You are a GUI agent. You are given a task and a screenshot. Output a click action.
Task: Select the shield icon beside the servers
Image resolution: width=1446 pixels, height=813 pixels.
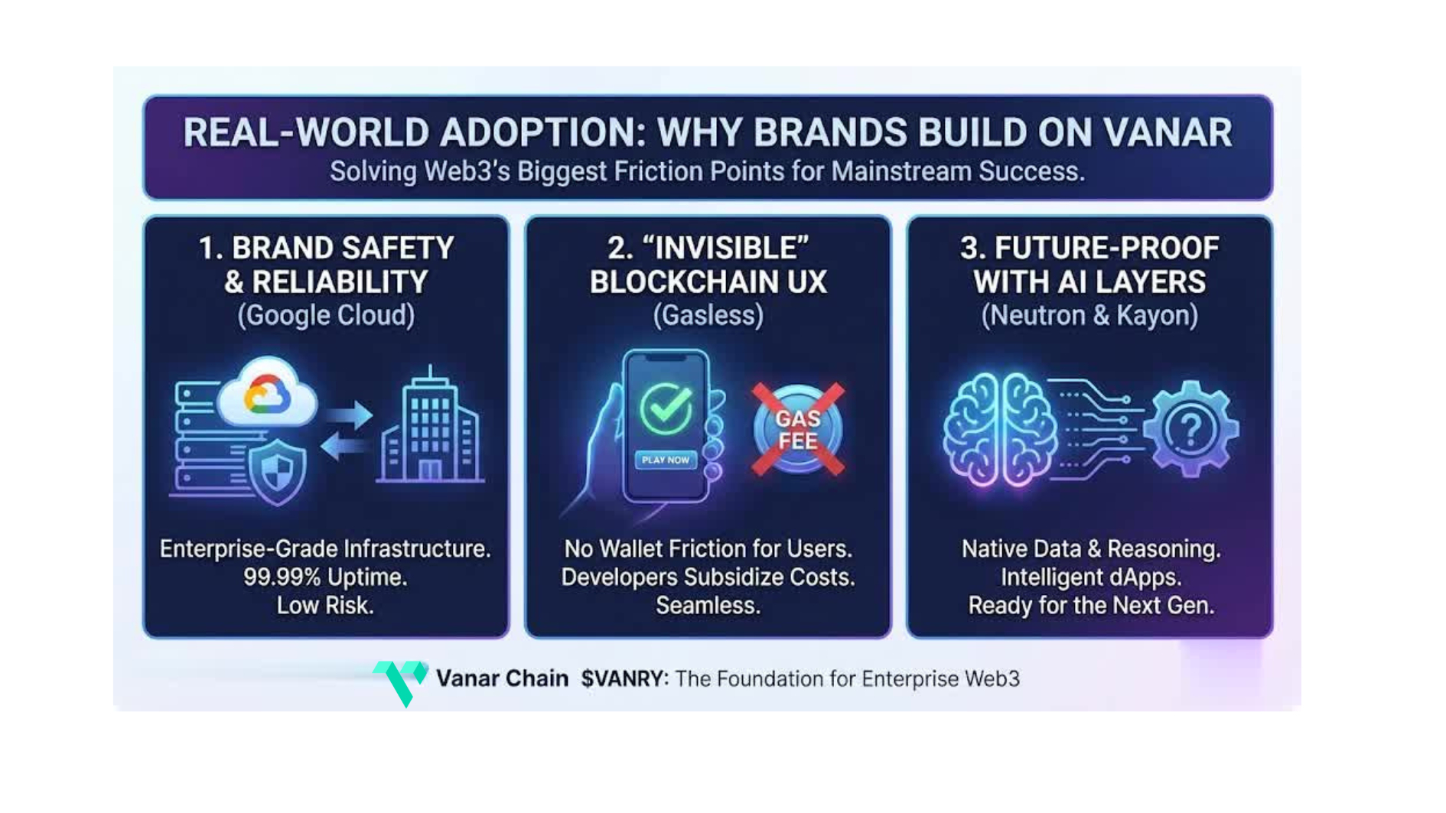coord(277,471)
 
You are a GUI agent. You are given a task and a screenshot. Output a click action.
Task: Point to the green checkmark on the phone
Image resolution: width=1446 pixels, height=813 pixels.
coord(666,408)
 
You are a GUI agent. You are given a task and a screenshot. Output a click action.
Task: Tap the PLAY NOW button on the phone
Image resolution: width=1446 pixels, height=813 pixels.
coord(666,460)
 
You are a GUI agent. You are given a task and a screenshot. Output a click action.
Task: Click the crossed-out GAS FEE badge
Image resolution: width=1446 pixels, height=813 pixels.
coord(798,429)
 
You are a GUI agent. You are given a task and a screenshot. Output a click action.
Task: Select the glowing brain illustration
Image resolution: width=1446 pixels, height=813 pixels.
coord(1000,430)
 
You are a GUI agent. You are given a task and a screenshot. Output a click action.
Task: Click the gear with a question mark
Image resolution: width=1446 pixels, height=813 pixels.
coord(1190,428)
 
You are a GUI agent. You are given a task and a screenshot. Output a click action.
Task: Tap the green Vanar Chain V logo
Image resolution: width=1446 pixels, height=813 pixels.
coord(400,682)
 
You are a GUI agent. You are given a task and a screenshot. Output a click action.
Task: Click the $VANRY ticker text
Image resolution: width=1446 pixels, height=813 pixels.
coord(624,678)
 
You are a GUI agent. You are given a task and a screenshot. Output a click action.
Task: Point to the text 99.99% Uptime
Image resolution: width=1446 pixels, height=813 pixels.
coord(325,577)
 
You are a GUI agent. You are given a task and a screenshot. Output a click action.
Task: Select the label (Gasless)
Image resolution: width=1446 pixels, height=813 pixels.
coord(708,315)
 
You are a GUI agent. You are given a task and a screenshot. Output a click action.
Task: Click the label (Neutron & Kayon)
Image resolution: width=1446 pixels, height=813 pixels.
coord(1089,315)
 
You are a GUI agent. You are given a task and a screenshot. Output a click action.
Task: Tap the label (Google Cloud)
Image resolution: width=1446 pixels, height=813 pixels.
coord(326,315)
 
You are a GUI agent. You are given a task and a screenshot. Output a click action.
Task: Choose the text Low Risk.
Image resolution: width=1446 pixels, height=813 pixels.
coord(325,605)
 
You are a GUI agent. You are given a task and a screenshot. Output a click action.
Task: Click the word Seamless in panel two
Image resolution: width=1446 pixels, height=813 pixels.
coord(708,605)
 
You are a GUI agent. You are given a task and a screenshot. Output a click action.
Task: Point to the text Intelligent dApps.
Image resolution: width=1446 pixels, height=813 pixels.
coord(1091,577)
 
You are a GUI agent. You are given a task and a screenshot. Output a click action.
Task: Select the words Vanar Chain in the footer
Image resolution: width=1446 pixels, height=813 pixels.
coord(502,678)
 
